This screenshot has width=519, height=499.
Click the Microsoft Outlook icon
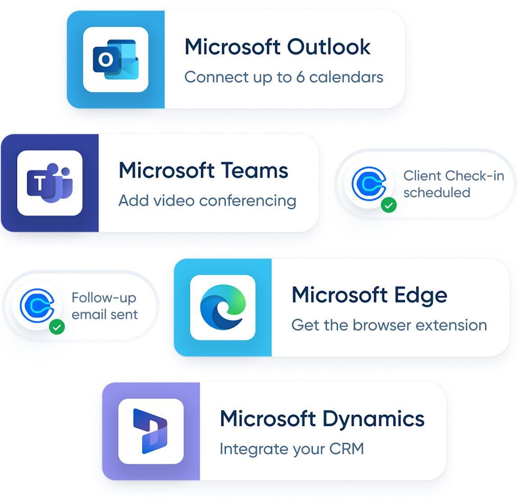115,60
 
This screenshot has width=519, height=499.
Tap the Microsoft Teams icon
50,183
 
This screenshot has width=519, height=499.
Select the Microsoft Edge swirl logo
223,307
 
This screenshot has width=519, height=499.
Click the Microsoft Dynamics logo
150,431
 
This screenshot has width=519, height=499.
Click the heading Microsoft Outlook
278,47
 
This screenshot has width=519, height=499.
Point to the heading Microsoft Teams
203,170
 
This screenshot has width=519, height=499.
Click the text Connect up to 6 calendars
284,78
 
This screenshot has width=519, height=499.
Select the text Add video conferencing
208,201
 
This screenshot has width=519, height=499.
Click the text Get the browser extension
389,325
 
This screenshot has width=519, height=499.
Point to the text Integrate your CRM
292,449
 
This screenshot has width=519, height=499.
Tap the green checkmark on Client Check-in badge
389,205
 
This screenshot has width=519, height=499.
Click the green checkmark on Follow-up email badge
57,327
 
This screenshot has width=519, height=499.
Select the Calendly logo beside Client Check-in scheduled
369,184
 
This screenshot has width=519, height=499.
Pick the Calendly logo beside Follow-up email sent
37,306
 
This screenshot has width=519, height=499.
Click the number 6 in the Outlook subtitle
300,78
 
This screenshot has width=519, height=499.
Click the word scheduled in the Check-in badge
437,193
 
